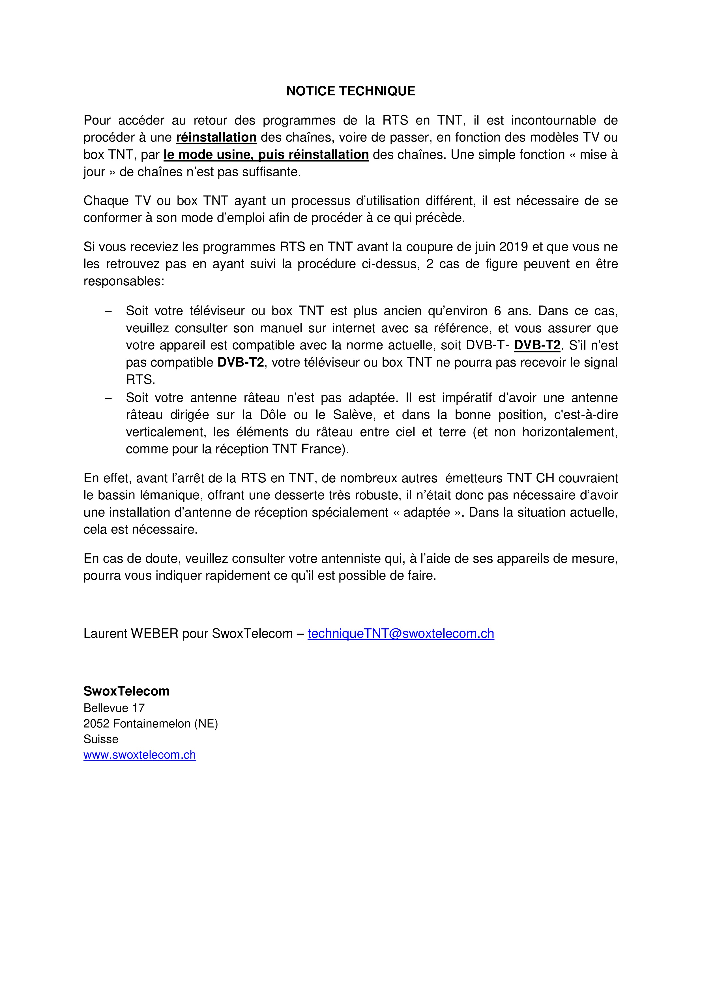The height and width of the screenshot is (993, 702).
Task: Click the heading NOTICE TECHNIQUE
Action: click(x=351, y=91)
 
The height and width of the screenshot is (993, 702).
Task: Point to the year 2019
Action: click(x=514, y=247)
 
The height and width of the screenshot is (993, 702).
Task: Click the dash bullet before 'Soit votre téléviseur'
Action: click(x=108, y=311)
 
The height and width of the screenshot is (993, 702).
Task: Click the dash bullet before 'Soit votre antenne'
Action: click(x=108, y=398)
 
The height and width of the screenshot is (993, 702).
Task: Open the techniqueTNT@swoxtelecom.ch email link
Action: click(x=401, y=634)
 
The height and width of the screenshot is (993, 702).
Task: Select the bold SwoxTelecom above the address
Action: click(x=126, y=691)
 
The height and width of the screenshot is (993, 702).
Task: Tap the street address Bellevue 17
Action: click(x=114, y=708)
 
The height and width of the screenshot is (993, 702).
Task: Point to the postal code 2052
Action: click(x=96, y=724)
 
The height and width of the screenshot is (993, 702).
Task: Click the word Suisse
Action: click(x=101, y=739)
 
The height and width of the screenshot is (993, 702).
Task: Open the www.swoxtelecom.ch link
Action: click(x=139, y=755)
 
